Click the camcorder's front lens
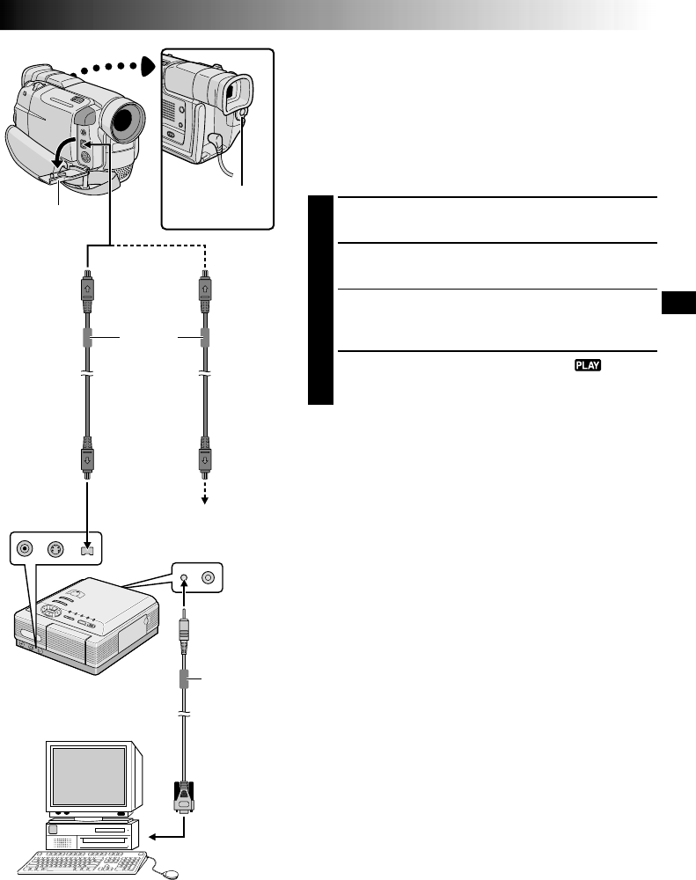pyautogui.click(x=126, y=120)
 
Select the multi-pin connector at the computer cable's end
pyautogui.click(x=185, y=796)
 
